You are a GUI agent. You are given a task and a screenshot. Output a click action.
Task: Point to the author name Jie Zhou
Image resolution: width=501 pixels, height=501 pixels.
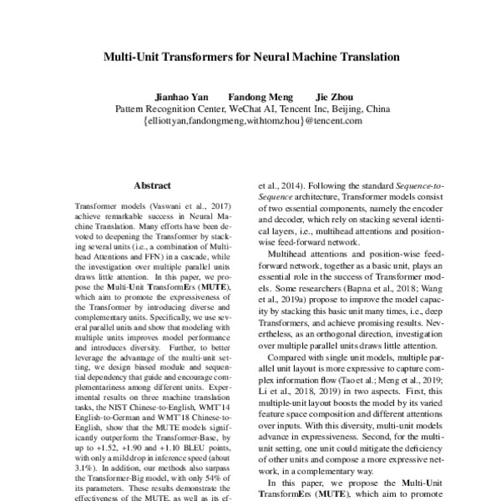(333, 96)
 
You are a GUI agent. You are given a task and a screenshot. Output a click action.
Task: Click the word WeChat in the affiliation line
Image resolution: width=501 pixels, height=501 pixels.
(247, 108)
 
